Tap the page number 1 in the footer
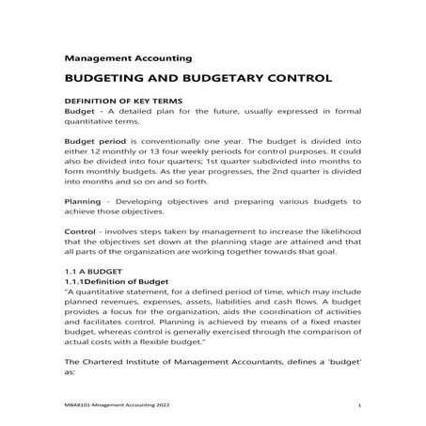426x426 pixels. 361,405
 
